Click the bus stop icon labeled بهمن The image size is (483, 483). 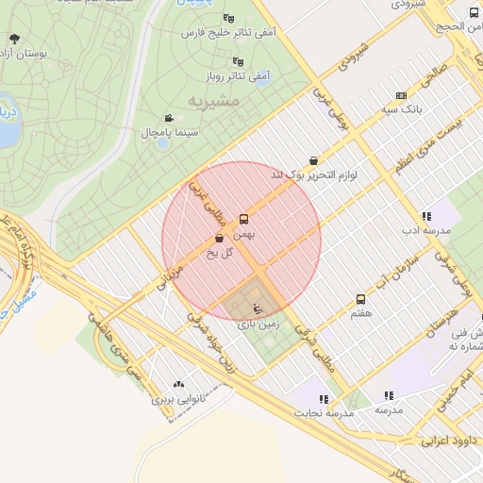click(x=244, y=217)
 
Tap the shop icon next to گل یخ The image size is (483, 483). click(x=219, y=239)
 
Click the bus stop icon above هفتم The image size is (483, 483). click(x=360, y=299)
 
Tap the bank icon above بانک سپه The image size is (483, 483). click(x=402, y=95)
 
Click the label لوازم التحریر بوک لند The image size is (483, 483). click(x=317, y=175)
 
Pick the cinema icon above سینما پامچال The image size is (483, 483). click(x=168, y=118)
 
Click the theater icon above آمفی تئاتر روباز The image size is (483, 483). click(x=238, y=61)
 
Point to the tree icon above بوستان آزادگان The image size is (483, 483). click(x=13, y=39)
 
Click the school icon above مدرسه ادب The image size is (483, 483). click(x=426, y=216)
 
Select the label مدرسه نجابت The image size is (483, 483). click(x=321, y=413)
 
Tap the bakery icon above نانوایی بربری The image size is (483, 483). click(x=179, y=384)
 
